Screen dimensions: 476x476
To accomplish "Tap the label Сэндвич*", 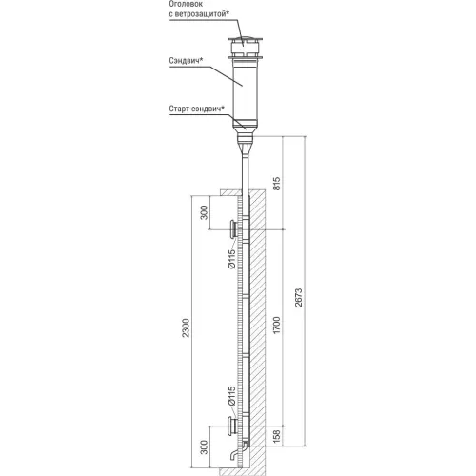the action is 186,61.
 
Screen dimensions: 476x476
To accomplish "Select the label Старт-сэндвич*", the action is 197,109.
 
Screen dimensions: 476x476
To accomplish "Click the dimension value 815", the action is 277,184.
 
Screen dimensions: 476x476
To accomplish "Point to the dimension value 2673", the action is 299,297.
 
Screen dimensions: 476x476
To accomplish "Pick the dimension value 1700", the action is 277,325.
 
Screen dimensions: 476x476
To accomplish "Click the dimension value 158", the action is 277,436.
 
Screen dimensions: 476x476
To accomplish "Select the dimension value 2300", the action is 186,327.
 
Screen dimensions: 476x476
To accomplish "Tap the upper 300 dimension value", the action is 205,212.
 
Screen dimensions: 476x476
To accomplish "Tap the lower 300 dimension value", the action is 205,446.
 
